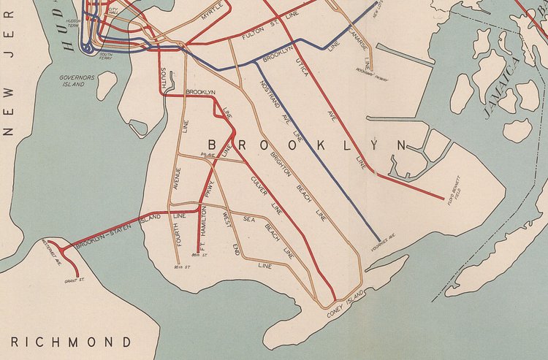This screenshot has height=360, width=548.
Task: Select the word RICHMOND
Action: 71,342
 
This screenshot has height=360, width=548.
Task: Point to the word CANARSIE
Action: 357,40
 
